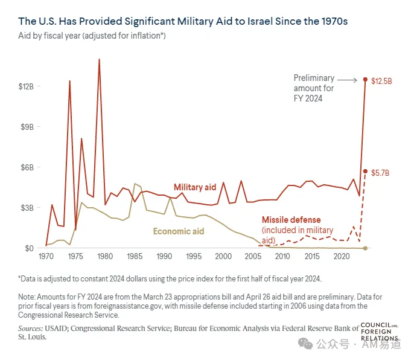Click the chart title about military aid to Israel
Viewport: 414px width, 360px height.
click(183, 21)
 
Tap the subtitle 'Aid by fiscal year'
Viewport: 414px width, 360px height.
click(49, 36)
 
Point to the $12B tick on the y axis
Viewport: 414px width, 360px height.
click(26, 86)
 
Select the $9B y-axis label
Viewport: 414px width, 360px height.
click(27, 127)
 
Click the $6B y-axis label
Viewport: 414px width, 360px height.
click(27, 167)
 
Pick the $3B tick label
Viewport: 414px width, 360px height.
click(27, 208)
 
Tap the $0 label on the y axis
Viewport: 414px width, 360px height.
click(29, 248)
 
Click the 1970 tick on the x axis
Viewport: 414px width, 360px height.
click(46, 256)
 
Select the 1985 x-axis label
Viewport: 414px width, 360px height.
click(135, 256)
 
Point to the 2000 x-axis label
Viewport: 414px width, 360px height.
click(223, 256)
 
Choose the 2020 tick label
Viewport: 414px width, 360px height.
click(342, 256)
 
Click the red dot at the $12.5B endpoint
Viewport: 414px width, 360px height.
click(366, 79)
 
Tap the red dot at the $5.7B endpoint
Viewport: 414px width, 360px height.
click(366, 172)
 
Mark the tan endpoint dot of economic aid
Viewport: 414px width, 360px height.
click(366, 248)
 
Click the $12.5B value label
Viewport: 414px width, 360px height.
click(381, 81)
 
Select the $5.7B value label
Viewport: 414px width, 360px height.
click(380, 173)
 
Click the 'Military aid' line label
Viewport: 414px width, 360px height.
click(195, 187)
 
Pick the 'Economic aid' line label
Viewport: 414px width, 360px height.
click(179, 231)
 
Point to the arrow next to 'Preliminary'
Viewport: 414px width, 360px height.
click(347, 80)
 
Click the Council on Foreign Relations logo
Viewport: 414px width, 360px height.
click(380, 332)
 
